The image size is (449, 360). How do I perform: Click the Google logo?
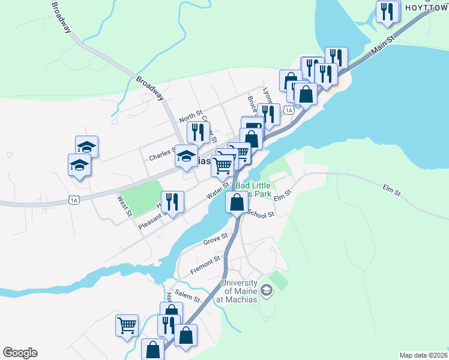pyautogui.click(x=20, y=353)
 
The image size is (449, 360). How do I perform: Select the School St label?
pyautogui.click(x=261, y=214)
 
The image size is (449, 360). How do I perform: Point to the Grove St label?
pyautogui.click(x=215, y=239)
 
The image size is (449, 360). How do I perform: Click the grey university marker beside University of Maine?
pyautogui.click(x=267, y=292)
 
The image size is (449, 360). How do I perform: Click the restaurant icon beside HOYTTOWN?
pyautogui.click(x=388, y=11)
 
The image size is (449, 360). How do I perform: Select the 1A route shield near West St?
pyautogui.click(x=74, y=200)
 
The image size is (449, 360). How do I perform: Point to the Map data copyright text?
pyautogui.click(x=423, y=355)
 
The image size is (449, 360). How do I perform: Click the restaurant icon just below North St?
pyautogui.click(x=198, y=132)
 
